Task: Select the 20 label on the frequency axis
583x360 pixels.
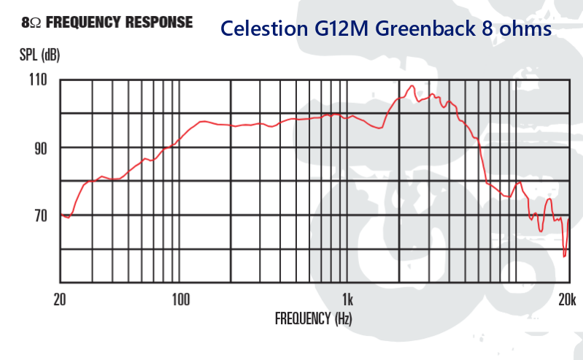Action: click(60, 299)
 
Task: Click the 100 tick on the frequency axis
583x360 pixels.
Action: click(180, 299)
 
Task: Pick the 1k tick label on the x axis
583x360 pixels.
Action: click(347, 299)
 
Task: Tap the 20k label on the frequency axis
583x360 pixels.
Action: click(568, 299)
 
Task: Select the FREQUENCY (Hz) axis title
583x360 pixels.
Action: click(314, 318)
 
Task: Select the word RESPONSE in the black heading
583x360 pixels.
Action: click(160, 22)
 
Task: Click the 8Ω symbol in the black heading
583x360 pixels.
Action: click(31, 23)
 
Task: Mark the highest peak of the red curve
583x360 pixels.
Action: click(412, 85)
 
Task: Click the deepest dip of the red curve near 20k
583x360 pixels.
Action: click(565, 256)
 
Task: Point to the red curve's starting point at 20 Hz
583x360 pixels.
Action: click(61, 215)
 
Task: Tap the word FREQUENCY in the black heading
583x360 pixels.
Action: click(85, 22)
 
